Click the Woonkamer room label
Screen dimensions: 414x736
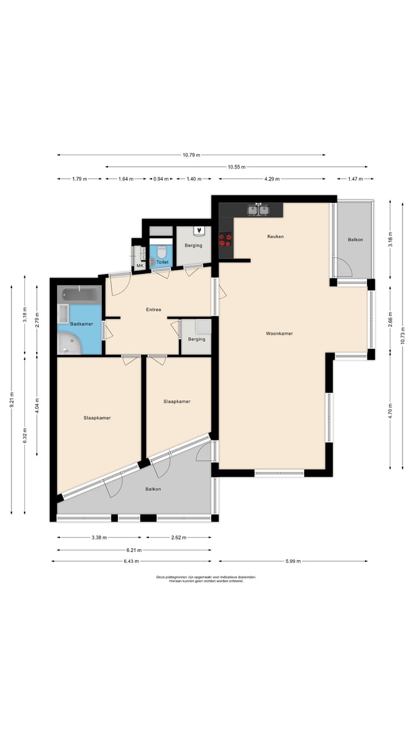tap(279, 333)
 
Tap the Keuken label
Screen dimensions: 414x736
tap(275, 236)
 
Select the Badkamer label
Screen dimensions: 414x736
tap(82, 324)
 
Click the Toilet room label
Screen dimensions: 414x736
tap(162, 262)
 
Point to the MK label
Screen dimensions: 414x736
tap(140, 266)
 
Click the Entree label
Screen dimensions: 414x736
tap(154, 309)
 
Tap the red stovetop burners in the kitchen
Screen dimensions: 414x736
tap(225, 240)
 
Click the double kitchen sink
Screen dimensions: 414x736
tap(259, 210)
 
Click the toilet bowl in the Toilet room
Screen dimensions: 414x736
tap(162, 252)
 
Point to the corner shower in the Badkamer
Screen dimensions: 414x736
tap(70, 343)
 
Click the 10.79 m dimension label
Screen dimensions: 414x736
tap(191, 155)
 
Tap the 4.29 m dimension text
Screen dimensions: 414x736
tap(272, 179)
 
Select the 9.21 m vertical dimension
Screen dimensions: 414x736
tap(12, 400)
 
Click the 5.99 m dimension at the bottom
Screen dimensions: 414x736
tap(293, 561)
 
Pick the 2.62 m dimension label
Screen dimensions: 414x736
tap(179, 538)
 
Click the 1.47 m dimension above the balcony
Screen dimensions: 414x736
tap(355, 179)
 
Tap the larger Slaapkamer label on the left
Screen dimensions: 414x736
tap(97, 418)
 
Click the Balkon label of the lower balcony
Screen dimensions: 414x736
tap(153, 489)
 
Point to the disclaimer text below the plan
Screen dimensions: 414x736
tap(206, 579)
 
